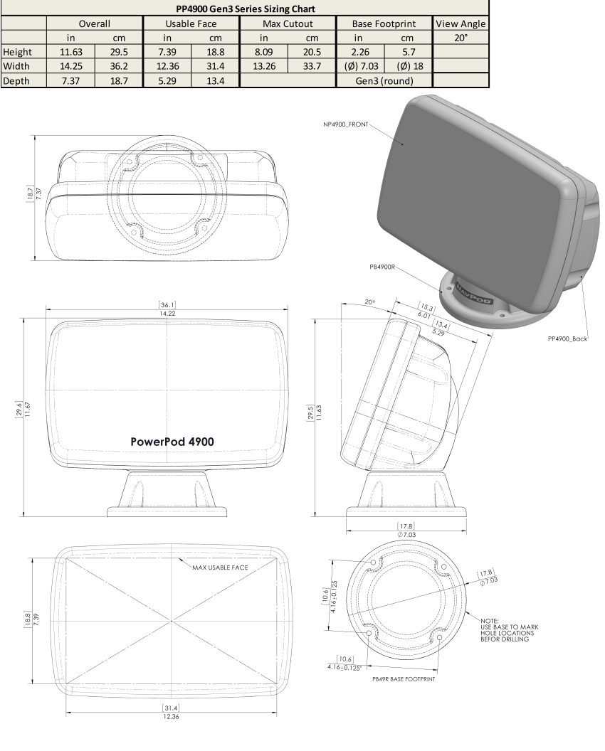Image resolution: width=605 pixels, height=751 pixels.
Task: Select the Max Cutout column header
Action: [288, 23]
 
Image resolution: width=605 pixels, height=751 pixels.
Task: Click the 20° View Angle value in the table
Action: [459, 38]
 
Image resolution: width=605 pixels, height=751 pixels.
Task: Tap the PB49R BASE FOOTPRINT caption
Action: [404, 679]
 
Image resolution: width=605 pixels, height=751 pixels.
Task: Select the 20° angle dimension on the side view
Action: [370, 302]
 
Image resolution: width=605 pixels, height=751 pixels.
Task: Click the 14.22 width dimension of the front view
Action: [169, 314]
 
